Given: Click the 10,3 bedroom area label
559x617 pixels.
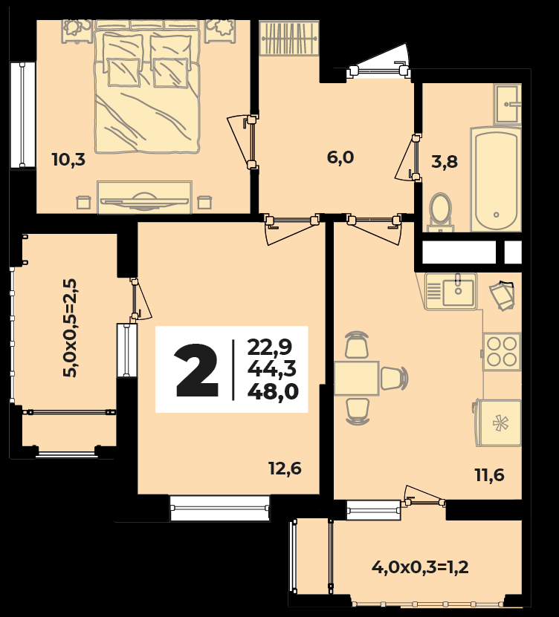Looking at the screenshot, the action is (x=68, y=160).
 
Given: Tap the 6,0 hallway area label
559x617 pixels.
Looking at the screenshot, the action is (x=340, y=157).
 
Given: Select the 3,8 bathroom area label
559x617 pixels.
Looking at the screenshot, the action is (x=445, y=161).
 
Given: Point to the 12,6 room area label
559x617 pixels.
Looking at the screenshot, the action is (x=285, y=469).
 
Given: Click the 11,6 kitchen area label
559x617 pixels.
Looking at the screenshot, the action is (x=489, y=475).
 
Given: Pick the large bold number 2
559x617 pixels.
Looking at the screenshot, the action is (x=197, y=370).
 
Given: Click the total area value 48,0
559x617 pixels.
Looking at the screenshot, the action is (x=273, y=391).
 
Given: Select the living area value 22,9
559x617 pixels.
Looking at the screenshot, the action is (x=269, y=347).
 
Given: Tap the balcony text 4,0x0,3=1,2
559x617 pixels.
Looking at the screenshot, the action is (x=420, y=568).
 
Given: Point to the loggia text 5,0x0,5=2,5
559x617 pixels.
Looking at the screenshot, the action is (x=71, y=327).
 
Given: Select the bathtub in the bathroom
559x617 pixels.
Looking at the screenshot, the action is (x=496, y=179).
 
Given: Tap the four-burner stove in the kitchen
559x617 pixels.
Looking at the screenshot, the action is (x=502, y=351).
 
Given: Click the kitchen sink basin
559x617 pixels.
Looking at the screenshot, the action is (x=458, y=290).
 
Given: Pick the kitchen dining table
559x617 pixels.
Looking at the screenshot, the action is (x=357, y=378).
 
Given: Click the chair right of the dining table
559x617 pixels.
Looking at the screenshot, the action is (x=394, y=378).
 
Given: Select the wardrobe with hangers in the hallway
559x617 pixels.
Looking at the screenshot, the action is (x=289, y=38).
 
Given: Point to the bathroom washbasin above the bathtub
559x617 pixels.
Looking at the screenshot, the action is (x=508, y=104).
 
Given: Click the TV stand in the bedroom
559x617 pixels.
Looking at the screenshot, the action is (x=144, y=197).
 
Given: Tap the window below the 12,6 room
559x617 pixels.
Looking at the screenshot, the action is (x=220, y=508).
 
